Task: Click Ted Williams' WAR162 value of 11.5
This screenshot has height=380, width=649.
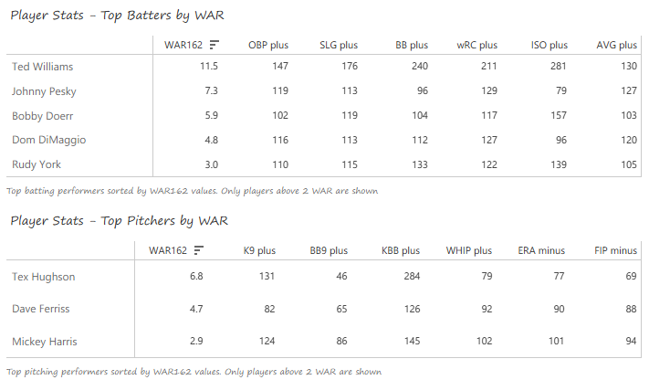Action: tap(208, 67)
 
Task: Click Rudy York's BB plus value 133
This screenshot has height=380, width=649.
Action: tap(418, 164)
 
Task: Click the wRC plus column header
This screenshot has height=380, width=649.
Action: tap(476, 45)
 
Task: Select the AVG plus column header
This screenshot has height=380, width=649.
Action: tap(616, 45)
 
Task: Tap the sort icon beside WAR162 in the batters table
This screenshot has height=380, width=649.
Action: tap(214, 45)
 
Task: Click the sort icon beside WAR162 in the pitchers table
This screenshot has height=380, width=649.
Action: tap(198, 250)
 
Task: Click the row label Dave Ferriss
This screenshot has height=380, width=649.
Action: tap(40, 309)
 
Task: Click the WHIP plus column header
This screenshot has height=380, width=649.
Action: tap(469, 250)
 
